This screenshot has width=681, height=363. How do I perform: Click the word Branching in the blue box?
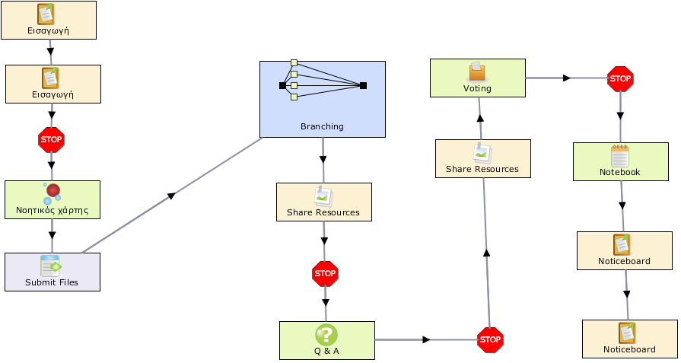pyautogui.click(x=322, y=126)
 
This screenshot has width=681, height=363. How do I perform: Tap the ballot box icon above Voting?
pyautogui.click(x=477, y=72)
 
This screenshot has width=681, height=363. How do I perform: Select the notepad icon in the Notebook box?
pyautogui.click(x=620, y=156)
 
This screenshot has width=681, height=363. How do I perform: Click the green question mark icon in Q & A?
pyautogui.click(x=326, y=335)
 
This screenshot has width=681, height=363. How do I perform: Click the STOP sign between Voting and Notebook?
pyautogui.click(x=620, y=78)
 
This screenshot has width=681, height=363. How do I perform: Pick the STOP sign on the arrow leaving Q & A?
pyautogui.click(x=490, y=339)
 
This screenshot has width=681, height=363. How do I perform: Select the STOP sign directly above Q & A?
pyautogui.click(x=325, y=273)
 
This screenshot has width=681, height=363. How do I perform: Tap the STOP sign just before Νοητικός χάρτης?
pyautogui.click(x=51, y=140)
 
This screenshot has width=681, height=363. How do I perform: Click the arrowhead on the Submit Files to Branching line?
pyautogui.click(x=171, y=196)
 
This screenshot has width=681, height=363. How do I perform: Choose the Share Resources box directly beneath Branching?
pyautogui.click(x=324, y=202)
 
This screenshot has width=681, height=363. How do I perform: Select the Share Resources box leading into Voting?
pyautogui.click(x=483, y=158)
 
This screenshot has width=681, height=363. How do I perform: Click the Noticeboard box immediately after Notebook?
pyautogui.click(x=625, y=250)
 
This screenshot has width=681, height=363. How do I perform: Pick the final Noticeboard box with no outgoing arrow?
pyautogui.click(x=630, y=339)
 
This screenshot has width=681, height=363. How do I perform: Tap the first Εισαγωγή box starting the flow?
pyautogui.click(x=49, y=20)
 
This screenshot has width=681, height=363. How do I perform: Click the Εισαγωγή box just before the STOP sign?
pyautogui.click(x=53, y=84)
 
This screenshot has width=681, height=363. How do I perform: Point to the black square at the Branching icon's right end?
pyautogui.click(x=363, y=85)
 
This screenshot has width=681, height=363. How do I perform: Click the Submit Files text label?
pyautogui.click(x=52, y=282)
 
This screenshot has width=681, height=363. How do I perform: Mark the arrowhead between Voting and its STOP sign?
pyautogui.click(x=566, y=78)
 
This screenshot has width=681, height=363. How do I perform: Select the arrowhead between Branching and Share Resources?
pyautogui.click(x=323, y=159)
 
